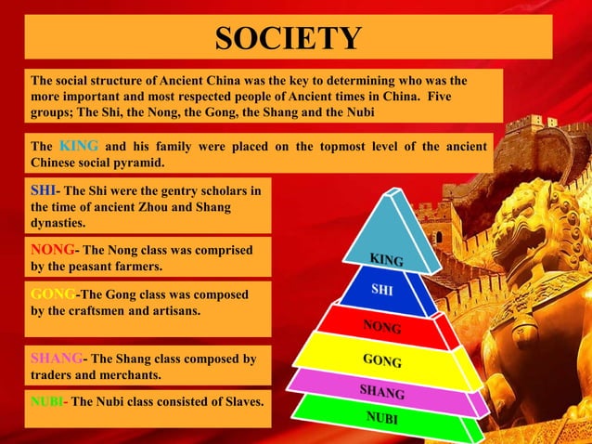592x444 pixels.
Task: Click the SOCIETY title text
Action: click(x=288, y=39)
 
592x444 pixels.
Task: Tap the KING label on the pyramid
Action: click(x=386, y=258)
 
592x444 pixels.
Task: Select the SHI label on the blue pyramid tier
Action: click(x=382, y=290)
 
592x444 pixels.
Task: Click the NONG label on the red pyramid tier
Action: click(x=381, y=326)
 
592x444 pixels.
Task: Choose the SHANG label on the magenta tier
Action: click(x=381, y=391)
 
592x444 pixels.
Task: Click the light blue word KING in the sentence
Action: click(x=79, y=146)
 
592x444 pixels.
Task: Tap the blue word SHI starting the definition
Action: click(x=43, y=190)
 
